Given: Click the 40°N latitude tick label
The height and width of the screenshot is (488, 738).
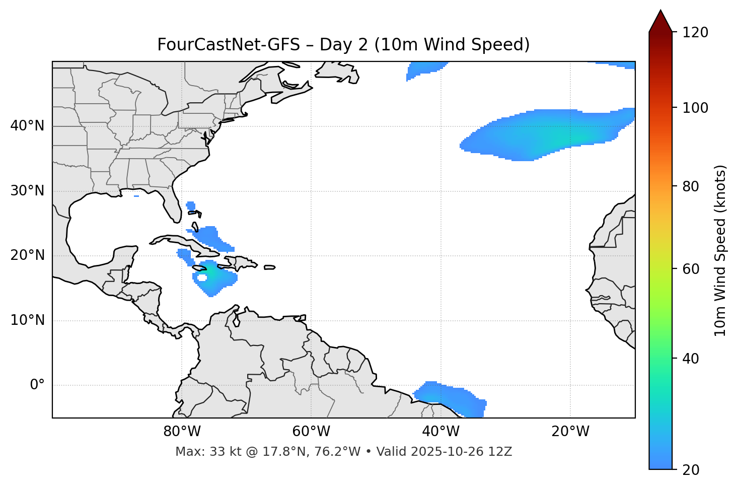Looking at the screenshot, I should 27,126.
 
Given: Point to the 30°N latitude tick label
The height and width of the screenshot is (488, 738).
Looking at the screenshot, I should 27,191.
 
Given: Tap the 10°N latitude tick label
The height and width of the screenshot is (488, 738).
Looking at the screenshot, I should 27,320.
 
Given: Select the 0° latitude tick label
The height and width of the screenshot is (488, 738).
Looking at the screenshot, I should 37,385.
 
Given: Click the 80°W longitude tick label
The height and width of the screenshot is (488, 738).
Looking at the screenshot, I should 182,432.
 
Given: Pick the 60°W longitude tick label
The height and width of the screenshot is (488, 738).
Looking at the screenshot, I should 311,432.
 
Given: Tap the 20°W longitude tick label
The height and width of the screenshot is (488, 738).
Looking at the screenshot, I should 570,432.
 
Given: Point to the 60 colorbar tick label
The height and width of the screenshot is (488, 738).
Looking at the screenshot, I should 691,269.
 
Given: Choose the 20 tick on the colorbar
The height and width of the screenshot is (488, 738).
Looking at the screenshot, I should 691,470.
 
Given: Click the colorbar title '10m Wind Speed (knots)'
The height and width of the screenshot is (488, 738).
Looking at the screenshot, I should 720,251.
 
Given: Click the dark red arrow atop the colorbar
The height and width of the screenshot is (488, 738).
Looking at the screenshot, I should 660,21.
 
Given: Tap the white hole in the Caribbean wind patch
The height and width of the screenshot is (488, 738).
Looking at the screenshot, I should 202,277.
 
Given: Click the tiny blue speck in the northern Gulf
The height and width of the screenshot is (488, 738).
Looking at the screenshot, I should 136,196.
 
